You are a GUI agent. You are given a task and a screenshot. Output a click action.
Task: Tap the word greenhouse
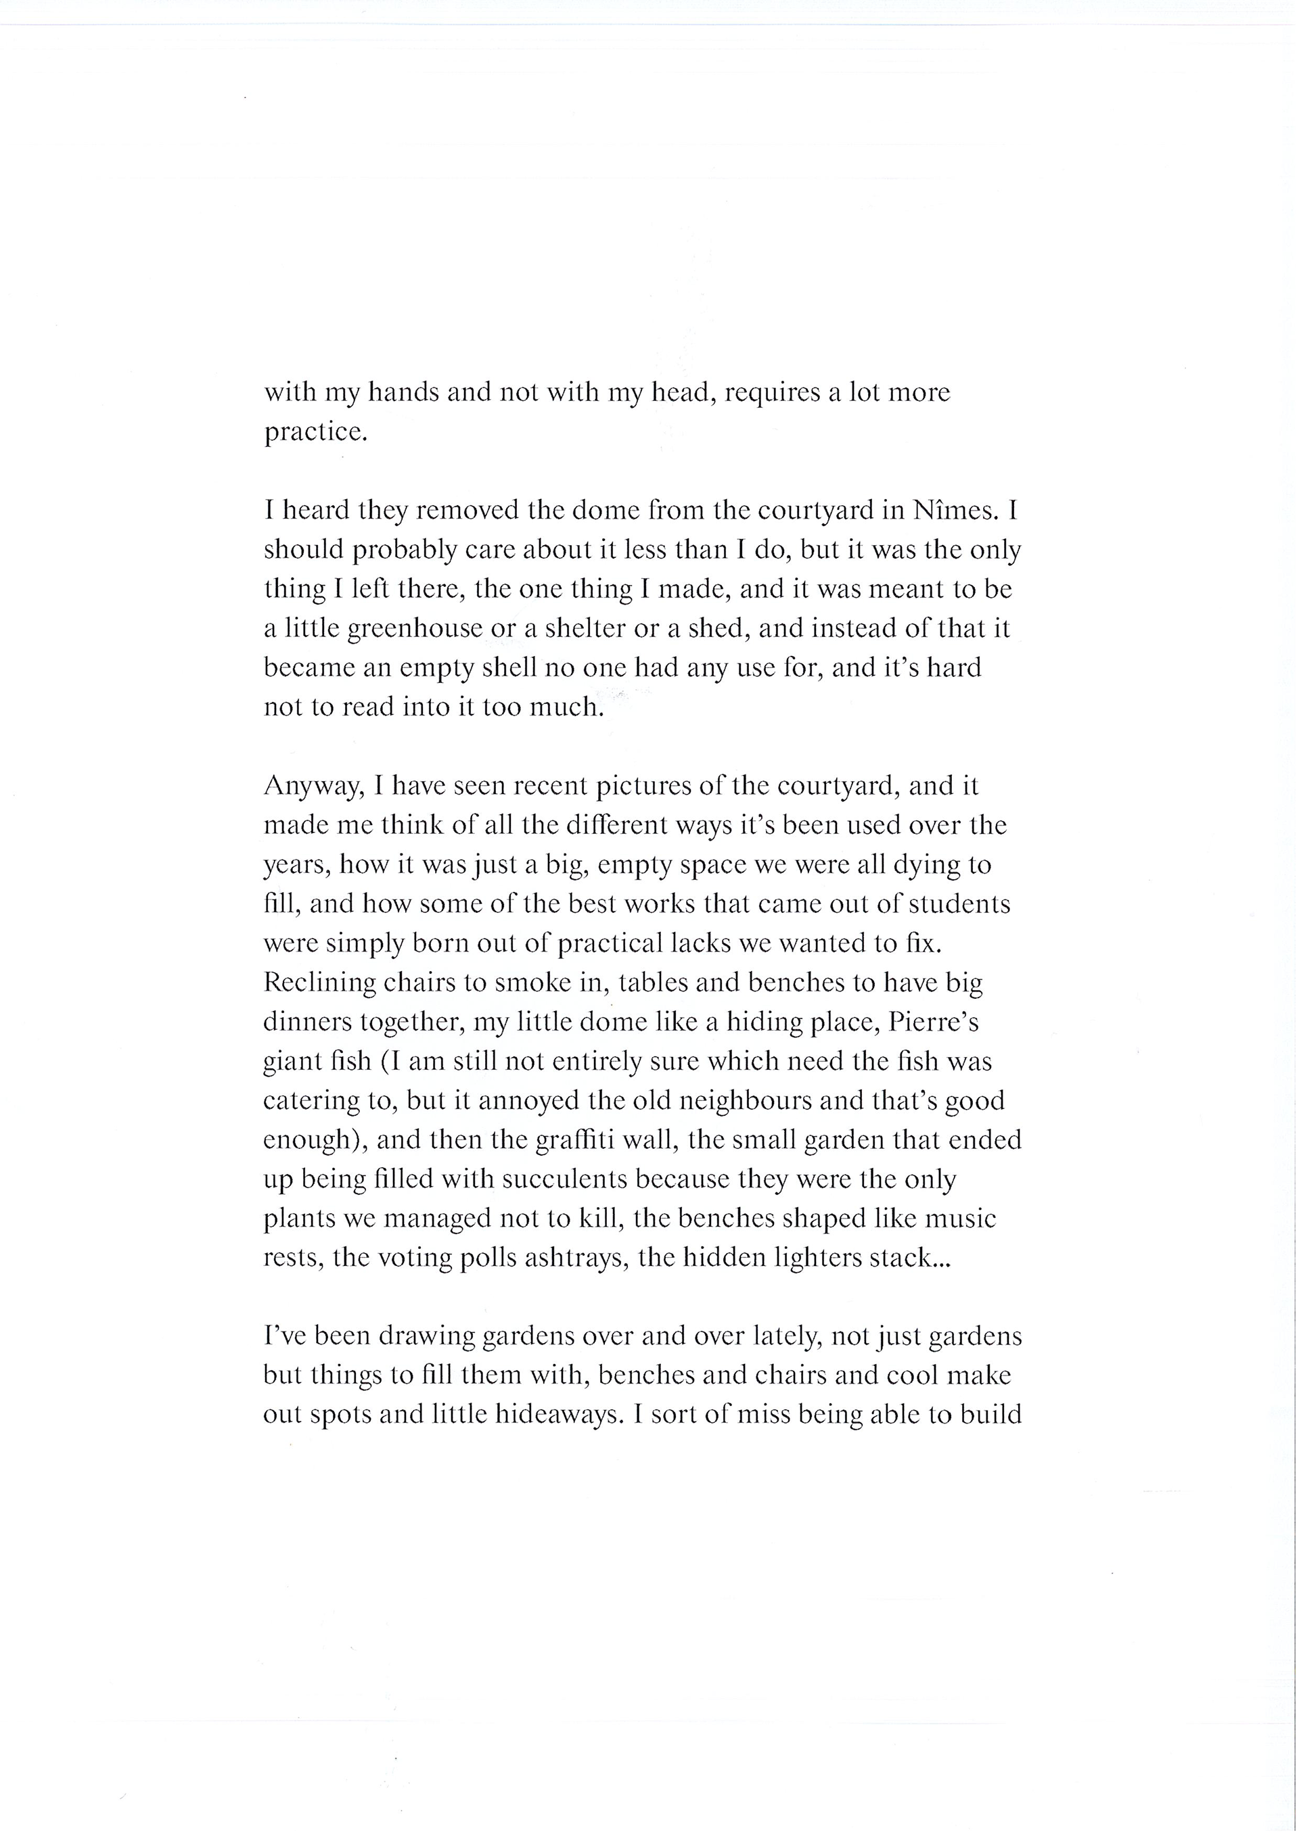point(415,630)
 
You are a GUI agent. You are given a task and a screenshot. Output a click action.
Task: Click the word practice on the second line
point(315,433)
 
